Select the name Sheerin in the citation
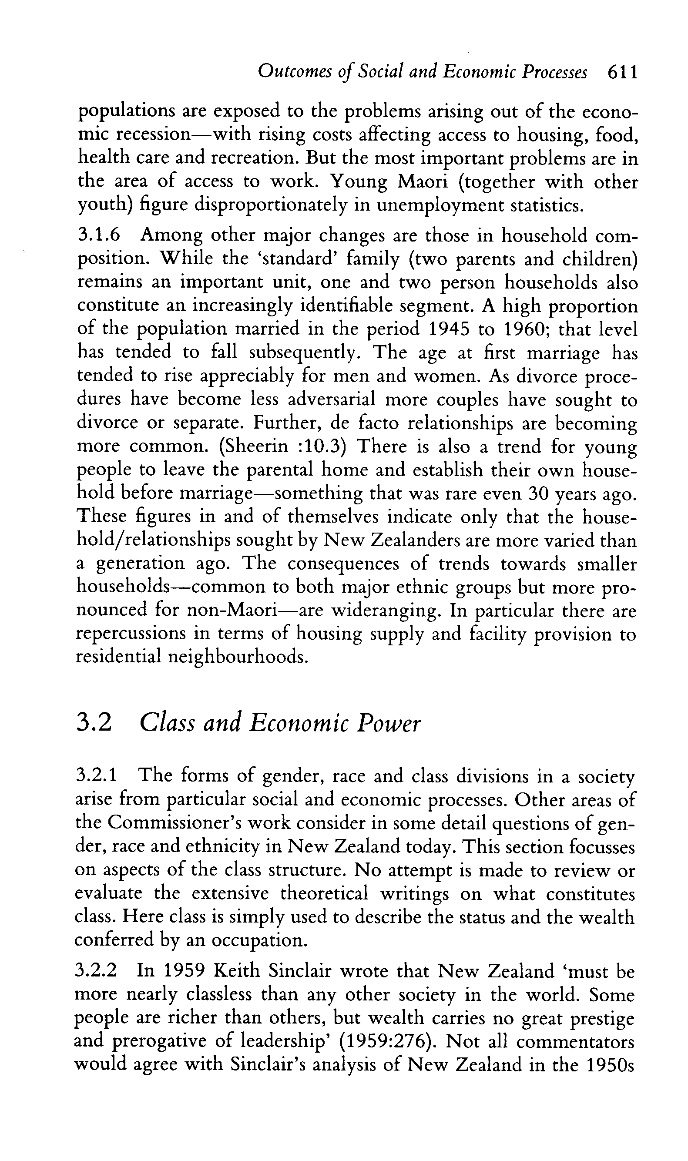(x=255, y=446)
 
